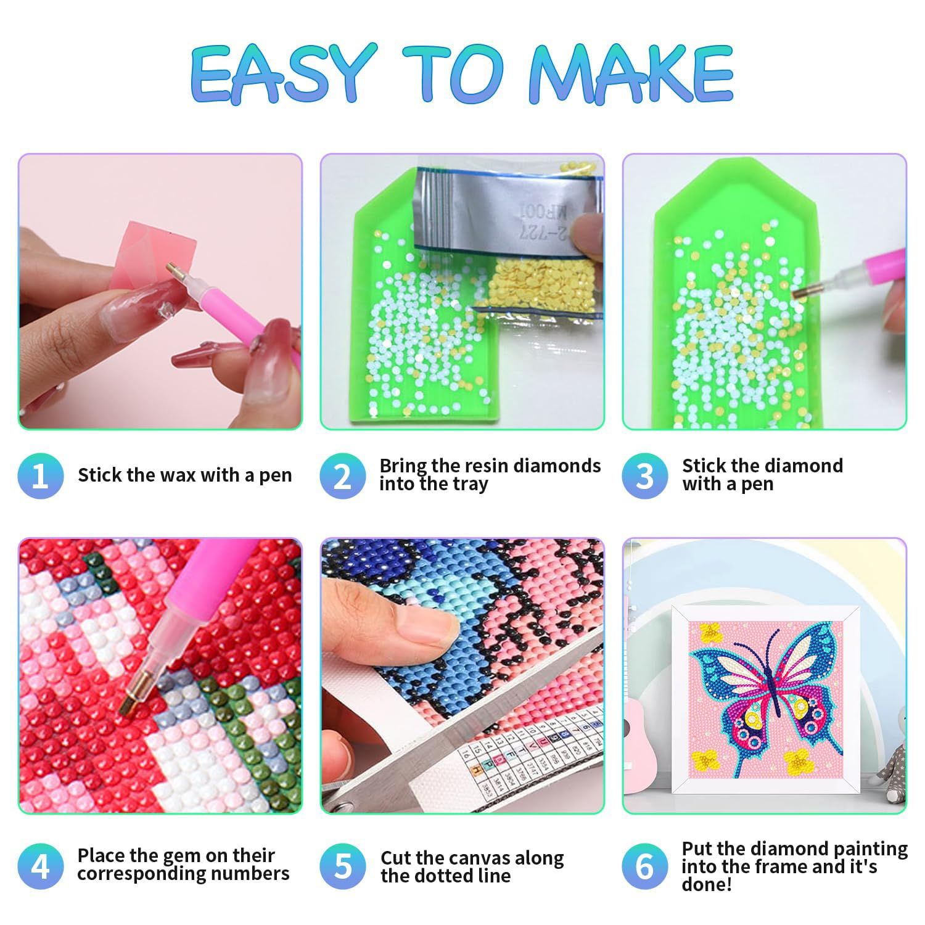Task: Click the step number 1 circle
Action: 41,475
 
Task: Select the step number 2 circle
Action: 343,475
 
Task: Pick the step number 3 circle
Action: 645,475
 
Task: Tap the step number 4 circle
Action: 41,866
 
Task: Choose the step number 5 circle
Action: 343,866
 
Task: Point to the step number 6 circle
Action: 645,866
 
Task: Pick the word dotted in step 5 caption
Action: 448,876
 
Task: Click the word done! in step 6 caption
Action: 707,884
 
